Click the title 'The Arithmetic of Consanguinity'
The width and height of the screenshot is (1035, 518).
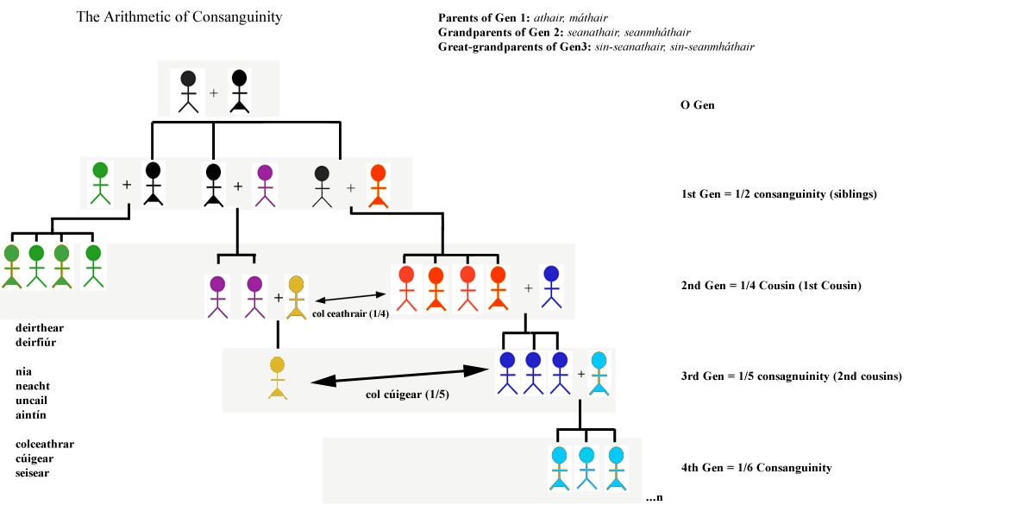tap(179, 16)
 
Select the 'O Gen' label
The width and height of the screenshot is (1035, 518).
tap(698, 105)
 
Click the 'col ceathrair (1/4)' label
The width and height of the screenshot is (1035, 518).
tap(351, 313)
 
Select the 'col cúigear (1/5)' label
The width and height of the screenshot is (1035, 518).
tap(404, 395)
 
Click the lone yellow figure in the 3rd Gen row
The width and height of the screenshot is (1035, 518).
tap(277, 377)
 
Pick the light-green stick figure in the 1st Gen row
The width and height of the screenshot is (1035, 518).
tap(101, 182)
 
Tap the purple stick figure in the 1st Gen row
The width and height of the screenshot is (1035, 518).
tap(265, 185)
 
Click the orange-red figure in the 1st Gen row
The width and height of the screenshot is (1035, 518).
tap(378, 185)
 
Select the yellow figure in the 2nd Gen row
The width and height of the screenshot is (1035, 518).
tap(297, 295)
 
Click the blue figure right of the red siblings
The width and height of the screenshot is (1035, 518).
tap(551, 286)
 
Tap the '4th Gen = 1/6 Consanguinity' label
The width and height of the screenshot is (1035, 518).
tap(756, 468)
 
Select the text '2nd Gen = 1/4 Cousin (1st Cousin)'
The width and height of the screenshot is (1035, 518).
tap(771, 286)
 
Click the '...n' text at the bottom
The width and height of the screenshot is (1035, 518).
tap(654, 498)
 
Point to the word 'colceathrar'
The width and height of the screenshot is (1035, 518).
tap(45, 445)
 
